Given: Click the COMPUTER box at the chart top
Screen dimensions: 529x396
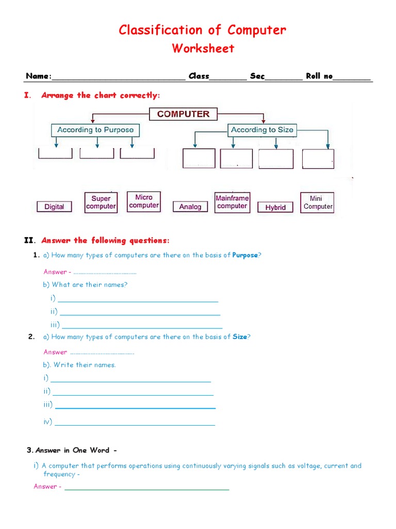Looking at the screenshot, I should (183, 114).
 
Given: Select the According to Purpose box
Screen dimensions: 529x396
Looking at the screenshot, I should (95, 130).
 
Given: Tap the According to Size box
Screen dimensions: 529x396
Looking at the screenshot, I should (262, 130).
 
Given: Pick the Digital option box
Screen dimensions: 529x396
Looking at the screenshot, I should (54, 207).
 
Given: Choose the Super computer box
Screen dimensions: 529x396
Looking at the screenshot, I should (101, 203).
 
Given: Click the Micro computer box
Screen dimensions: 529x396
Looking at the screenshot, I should (144, 201).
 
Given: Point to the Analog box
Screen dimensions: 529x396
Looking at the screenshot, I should (190, 207).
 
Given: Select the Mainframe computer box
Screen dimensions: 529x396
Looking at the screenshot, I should (232, 202).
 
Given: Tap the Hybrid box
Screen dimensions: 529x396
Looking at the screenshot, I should (275, 207).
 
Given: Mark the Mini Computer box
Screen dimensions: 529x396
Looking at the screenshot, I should (317, 203).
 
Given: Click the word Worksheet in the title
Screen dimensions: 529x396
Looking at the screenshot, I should (203, 49).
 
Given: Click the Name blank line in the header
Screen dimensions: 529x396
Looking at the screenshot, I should (119, 77).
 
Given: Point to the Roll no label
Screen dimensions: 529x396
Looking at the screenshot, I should (320, 76).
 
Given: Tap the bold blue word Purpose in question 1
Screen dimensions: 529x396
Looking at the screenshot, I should (245, 255).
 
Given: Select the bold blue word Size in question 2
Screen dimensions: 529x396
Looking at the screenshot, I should (240, 337).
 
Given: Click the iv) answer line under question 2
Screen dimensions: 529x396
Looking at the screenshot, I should (135, 424).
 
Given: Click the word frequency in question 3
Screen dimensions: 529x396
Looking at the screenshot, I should (59, 474).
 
